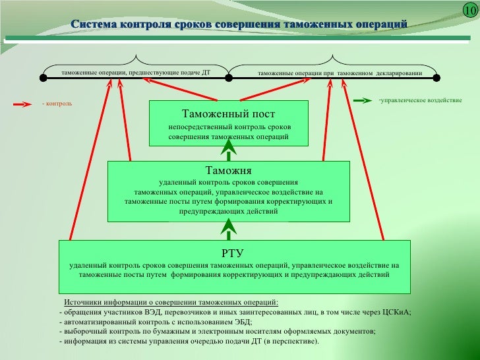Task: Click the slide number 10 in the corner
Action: click(x=469, y=11)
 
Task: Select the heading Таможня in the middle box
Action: click(x=228, y=169)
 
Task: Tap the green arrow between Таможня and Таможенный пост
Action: click(x=228, y=153)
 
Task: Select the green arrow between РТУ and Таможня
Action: click(x=228, y=230)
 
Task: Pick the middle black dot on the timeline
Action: click(x=229, y=78)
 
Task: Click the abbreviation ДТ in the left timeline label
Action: click(x=204, y=71)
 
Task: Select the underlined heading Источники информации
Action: click(x=171, y=302)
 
